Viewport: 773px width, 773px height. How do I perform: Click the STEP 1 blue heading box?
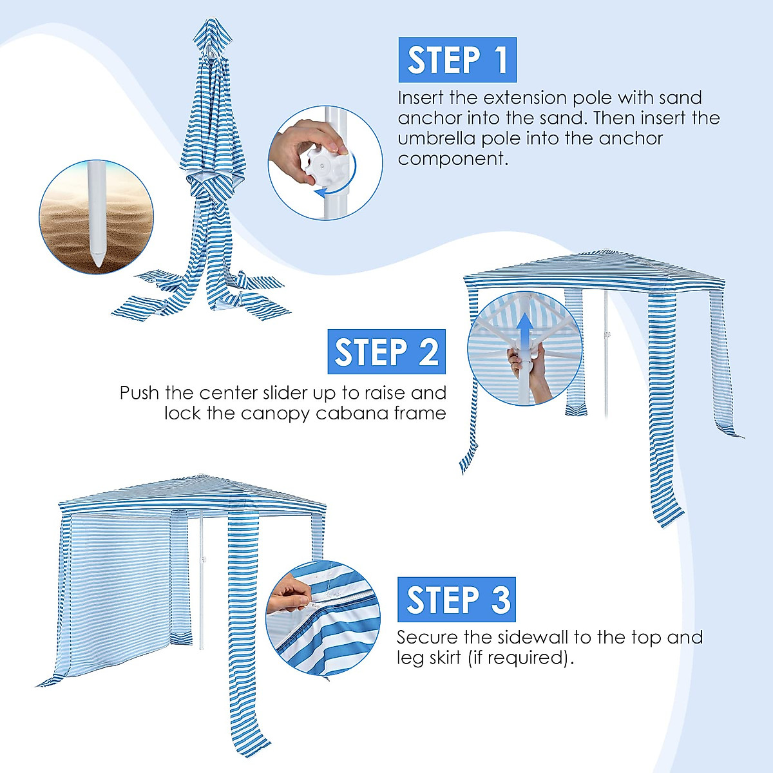[457, 60]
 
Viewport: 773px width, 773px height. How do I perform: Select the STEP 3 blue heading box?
[457, 600]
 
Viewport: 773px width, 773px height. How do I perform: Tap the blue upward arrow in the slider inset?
[526, 332]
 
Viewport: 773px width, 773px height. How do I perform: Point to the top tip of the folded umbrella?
[213, 22]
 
